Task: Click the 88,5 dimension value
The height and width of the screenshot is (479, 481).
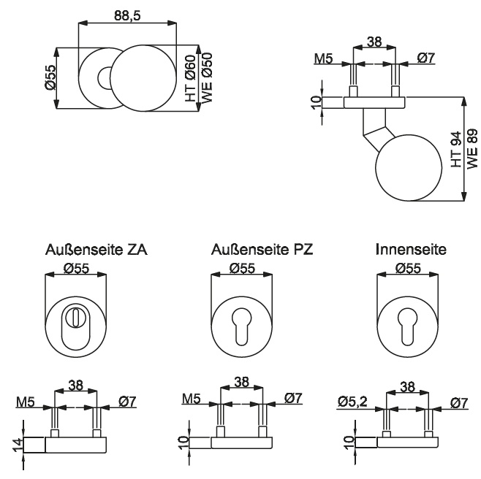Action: tap(127, 15)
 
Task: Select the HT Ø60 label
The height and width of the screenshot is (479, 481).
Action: tap(191, 78)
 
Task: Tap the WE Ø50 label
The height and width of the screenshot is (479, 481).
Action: tap(207, 78)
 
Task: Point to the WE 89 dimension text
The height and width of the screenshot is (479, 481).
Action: tap(472, 148)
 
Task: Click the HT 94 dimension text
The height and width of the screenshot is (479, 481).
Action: tap(456, 149)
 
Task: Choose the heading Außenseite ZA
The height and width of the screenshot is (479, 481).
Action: tap(96, 250)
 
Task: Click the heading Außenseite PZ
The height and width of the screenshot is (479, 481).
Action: tap(262, 250)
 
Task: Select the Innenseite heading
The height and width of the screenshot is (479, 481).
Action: tap(411, 250)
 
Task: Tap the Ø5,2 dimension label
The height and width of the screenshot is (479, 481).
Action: tap(352, 402)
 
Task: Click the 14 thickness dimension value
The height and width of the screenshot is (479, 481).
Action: tap(18, 445)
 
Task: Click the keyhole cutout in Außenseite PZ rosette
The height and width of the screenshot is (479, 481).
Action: tap(242, 326)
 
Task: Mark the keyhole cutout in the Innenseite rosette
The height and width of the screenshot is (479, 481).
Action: tap(407, 326)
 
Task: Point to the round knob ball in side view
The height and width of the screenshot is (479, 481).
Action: tap(409, 167)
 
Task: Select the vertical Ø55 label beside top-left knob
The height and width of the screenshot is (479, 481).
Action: tap(50, 77)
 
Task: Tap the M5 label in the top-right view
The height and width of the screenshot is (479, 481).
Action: tap(323, 58)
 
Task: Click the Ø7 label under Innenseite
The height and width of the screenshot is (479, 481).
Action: tap(459, 402)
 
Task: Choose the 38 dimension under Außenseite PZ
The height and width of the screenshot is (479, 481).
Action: tap(241, 382)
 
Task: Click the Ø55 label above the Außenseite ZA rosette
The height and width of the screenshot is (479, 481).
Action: tap(76, 269)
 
